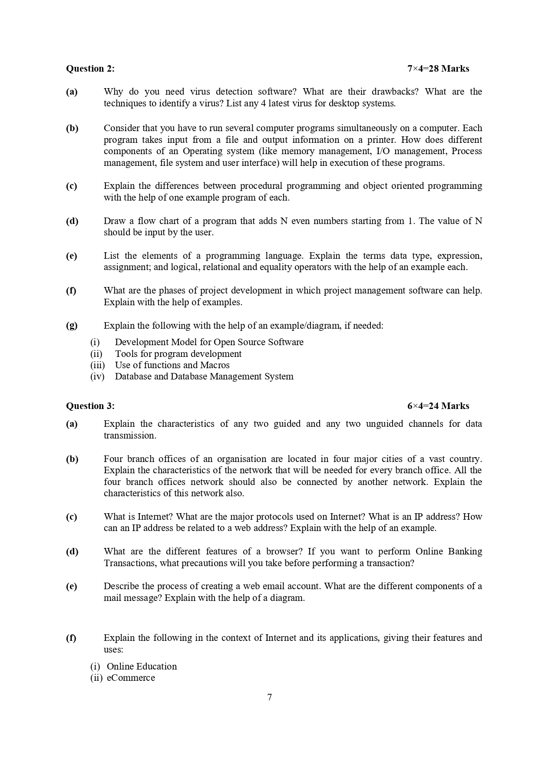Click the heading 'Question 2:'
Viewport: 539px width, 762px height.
tap(90, 69)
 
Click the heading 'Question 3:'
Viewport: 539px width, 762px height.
tap(90, 406)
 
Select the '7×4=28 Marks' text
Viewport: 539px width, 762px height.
tap(438, 69)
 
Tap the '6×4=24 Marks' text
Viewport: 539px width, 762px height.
tap(438, 406)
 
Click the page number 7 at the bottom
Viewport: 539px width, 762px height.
tap(270, 697)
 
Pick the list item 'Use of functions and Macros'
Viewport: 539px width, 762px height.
tap(172, 365)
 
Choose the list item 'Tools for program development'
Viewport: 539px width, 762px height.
tap(178, 354)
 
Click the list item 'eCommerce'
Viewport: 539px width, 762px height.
tap(131, 678)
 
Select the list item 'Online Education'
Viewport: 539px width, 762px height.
tap(142, 666)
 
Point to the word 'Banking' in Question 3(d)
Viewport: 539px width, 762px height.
tap(465, 551)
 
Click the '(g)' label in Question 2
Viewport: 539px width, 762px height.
tap(72, 326)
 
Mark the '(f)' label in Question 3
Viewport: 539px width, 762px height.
tap(71, 638)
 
